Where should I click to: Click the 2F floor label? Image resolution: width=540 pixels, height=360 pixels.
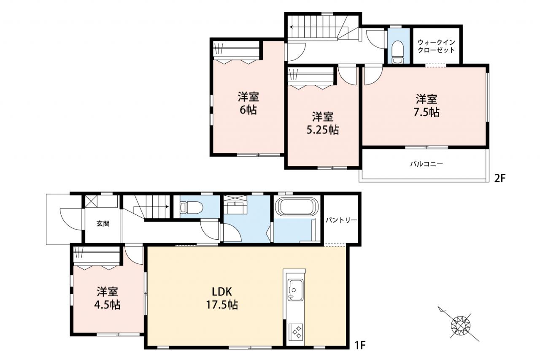pos(499,179)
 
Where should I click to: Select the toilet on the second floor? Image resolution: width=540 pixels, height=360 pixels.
pos(397,52)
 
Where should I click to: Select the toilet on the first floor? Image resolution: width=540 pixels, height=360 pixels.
pos(192,208)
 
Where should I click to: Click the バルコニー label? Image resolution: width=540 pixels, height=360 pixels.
pos(427,164)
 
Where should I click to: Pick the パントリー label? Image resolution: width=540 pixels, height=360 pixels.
pos(341,220)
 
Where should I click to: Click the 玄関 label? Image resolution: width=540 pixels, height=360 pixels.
pos(103,224)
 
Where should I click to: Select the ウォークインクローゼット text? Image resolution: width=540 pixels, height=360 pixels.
pos(436,46)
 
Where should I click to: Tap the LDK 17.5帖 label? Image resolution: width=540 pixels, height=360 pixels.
pos(222,298)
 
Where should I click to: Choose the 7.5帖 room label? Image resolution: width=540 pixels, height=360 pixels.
pos(427,106)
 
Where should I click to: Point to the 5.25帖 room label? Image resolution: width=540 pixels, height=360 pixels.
pos(323,124)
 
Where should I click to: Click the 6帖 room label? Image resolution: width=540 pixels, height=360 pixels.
pos(248,103)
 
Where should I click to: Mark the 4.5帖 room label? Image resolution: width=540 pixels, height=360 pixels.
pos(107,298)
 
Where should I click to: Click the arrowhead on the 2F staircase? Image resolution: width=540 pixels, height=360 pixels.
pos(291,27)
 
